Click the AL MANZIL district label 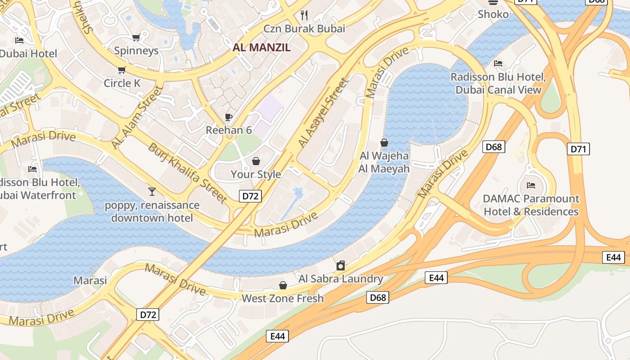coord(261,47)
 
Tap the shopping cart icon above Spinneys coord(136,37)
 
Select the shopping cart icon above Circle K coord(121,70)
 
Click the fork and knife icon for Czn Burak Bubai coord(304,15)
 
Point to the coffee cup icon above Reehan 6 coord(229,117)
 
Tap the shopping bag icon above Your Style coord(256,161)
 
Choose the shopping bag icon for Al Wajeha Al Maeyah coord(384,143)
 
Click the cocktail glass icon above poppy coord(152,192)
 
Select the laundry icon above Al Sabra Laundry coord(341,265)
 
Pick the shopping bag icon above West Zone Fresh coord(283,285)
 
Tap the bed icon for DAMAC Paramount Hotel coord(531,185)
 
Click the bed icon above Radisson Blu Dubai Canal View coord(498,63)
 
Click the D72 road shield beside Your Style coord(250,196)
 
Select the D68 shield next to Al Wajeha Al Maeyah coord(494,147)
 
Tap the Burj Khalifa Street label coord(188,173)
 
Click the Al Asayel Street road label coord(324,113)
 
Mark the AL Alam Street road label coord(136,117)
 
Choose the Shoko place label coord(493,14)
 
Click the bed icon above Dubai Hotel coord(19,40)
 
